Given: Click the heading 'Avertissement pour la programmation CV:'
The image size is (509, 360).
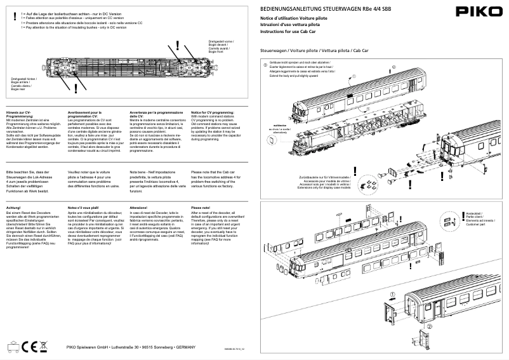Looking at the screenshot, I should click(84, 113).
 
